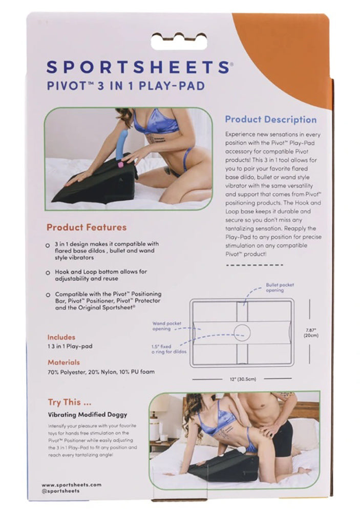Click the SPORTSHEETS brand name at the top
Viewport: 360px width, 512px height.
click(137, 67)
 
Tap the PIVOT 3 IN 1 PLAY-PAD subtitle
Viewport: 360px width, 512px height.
click(125, 86)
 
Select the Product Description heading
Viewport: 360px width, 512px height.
click(271, 119)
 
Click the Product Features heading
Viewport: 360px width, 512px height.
click(87, 227)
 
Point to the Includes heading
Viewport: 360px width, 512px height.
click(61, 337)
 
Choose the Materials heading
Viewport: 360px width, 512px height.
click(63, 362)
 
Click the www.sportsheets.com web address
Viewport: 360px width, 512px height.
click(71, 484)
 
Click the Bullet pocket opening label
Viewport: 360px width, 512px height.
click(280, 287)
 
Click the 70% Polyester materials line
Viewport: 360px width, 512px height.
click(101, 372)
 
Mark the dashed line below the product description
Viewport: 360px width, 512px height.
click(255, 265)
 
